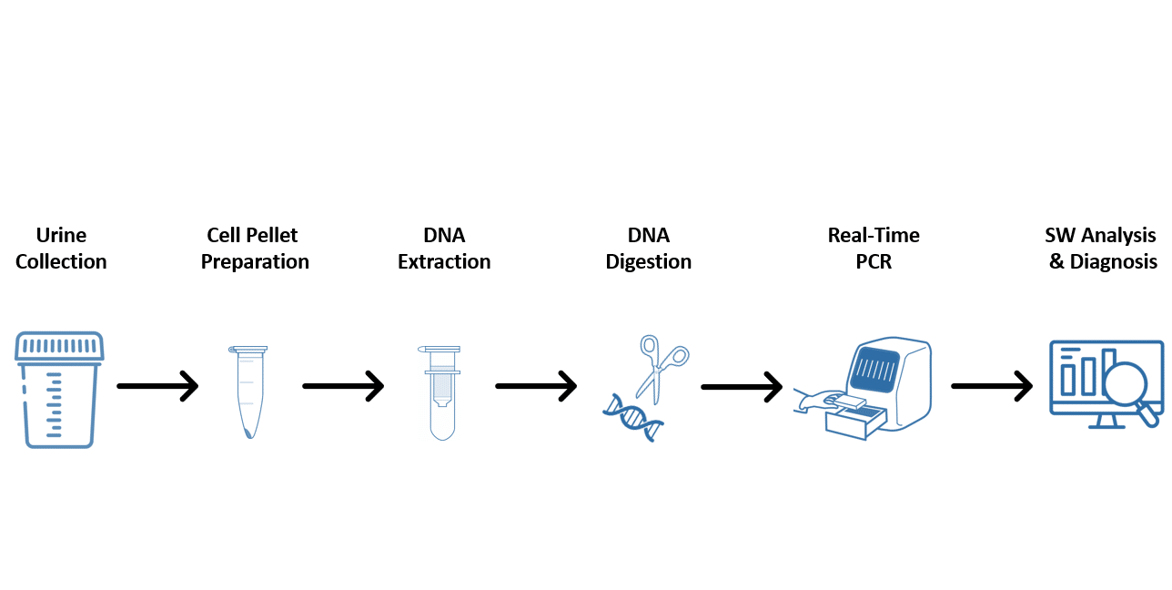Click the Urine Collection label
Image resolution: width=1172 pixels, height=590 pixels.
point(61,249)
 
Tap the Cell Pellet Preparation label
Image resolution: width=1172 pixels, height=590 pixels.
point(255,249)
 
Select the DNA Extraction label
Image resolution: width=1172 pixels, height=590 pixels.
point(444,249)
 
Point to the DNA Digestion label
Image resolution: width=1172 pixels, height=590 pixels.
point(648,249)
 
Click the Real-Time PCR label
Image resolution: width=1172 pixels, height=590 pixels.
point(874,249)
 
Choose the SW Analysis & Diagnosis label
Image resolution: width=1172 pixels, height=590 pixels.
point(1101,249)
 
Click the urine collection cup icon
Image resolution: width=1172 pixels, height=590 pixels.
point(59,390)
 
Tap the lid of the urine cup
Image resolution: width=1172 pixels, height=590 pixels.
point(59,346)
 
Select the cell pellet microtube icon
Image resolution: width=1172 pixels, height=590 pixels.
point(248,392)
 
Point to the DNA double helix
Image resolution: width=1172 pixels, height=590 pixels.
point(633,418)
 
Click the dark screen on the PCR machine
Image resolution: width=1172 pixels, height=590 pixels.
point(874,370)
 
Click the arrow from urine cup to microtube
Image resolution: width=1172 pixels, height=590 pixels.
point(157,386)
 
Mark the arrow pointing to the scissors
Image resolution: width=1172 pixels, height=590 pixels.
point(536,386)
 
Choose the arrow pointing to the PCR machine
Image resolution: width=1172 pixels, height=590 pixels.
point(742,387)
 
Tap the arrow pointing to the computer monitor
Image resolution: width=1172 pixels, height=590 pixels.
point(992,386)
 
